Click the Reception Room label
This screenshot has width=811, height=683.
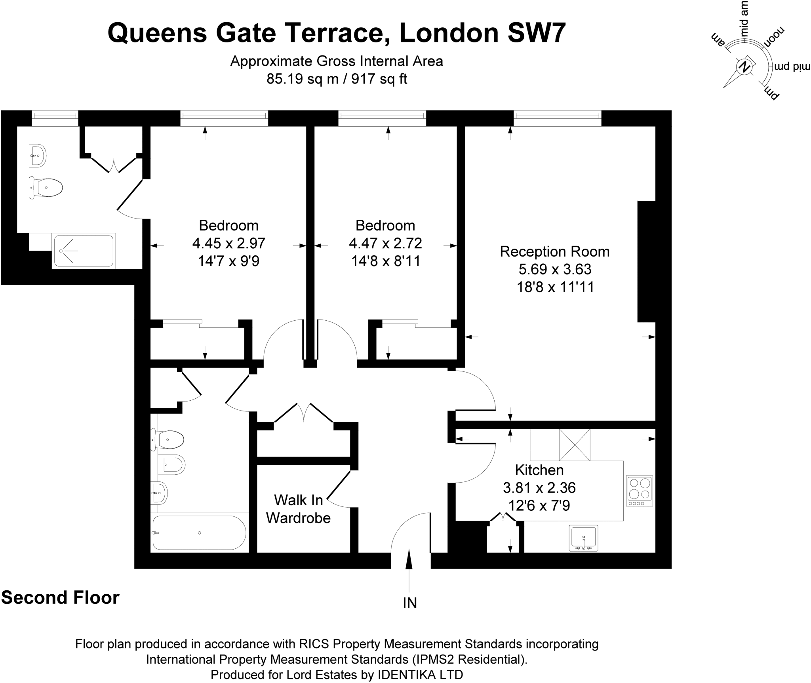[554, 251]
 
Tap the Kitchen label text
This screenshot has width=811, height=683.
[539, 470]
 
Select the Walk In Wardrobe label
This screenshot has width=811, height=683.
[298, 509]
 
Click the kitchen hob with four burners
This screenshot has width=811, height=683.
[640, 491]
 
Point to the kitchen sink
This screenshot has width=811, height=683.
[583, 538]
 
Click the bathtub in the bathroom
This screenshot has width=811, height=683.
[199, 533]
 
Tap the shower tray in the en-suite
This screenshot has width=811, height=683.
[84, 251]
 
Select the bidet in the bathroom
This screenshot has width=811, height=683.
[171, 464]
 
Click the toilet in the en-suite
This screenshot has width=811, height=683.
[47, 187]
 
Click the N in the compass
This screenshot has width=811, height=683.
[745, 67]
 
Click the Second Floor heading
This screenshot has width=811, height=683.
[60, 598]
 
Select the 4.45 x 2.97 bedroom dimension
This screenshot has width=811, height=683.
[228, 243]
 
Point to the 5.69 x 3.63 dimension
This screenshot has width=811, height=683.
[555, 269]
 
